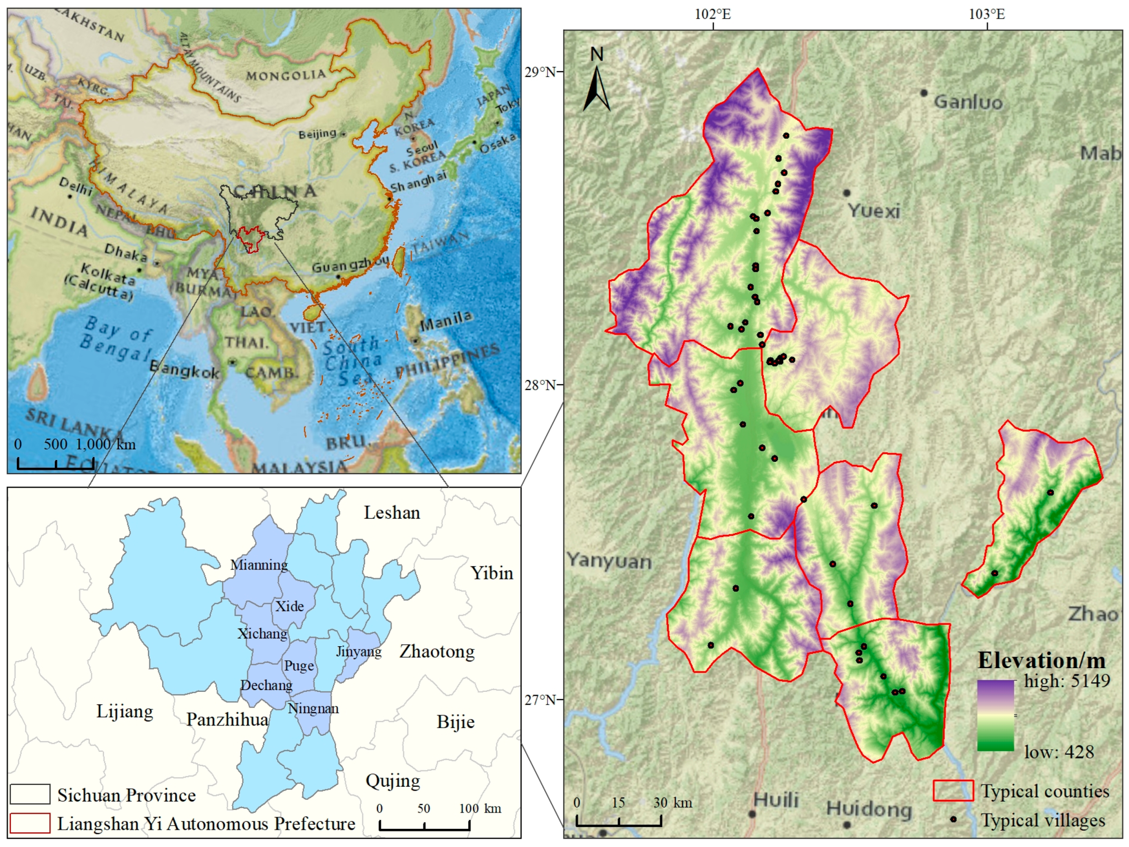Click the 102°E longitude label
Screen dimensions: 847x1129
click(713, 14)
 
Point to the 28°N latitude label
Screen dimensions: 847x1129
click(540, 385)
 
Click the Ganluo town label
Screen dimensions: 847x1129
click(968, 103)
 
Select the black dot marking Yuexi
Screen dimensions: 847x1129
click(846, 193)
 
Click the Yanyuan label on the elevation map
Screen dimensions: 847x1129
click(609, 561)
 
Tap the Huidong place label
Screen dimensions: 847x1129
click(869, 809)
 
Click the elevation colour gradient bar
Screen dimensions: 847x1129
click(995, 716)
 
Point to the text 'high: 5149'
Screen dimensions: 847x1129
click(1067, 681)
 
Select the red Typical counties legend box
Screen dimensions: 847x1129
click(953, 791)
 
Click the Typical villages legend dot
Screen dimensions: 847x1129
click(953, 820)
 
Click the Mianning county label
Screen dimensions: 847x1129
click(259, 565)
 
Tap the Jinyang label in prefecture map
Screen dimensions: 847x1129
click(359, 652)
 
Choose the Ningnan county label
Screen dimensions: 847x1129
click(313, 708)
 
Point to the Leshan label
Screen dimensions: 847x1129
click(392, 513)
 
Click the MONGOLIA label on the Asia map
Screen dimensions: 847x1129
click(286, 75)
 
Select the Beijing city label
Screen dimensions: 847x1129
click(317, 134)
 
